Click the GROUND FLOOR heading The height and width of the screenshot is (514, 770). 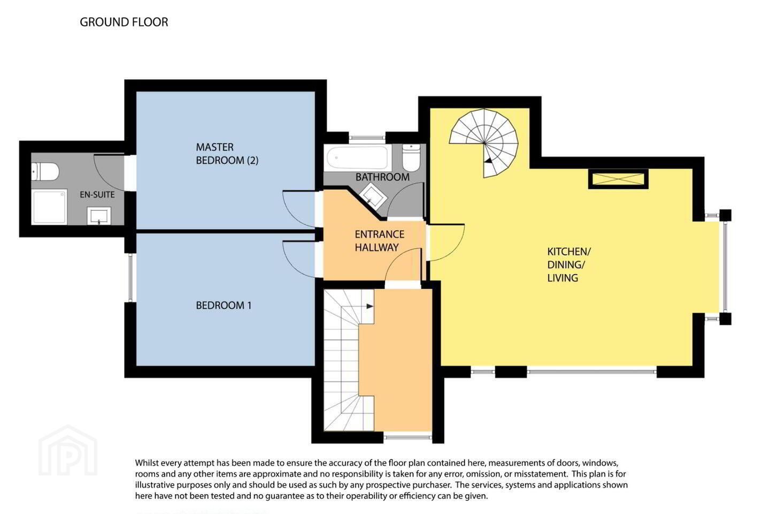pos(124,22)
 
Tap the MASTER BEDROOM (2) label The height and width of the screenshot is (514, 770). pos(227,154)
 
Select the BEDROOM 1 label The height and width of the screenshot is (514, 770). pos(224,305)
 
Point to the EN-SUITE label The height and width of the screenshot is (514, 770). pos(97,194)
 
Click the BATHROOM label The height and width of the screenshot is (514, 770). pos(382,177)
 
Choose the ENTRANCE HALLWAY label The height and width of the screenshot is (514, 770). pos(380,240)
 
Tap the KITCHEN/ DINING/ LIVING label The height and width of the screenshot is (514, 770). pos(569,264)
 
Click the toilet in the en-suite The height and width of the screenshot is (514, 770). pos(45,171)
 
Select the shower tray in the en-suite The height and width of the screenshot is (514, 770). pos(49,207)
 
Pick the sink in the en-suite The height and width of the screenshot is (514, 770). pos(99,216)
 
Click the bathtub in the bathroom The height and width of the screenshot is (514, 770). pos(358,157)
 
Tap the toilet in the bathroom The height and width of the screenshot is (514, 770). pos(411,157)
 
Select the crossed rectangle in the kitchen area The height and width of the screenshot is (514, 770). pos(618,179)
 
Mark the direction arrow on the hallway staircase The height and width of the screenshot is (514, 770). pos(370,306)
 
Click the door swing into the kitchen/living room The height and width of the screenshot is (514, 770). pos(452,247)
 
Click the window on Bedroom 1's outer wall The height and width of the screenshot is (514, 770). pos(130,278)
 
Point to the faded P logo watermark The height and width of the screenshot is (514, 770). pos(68,451)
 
